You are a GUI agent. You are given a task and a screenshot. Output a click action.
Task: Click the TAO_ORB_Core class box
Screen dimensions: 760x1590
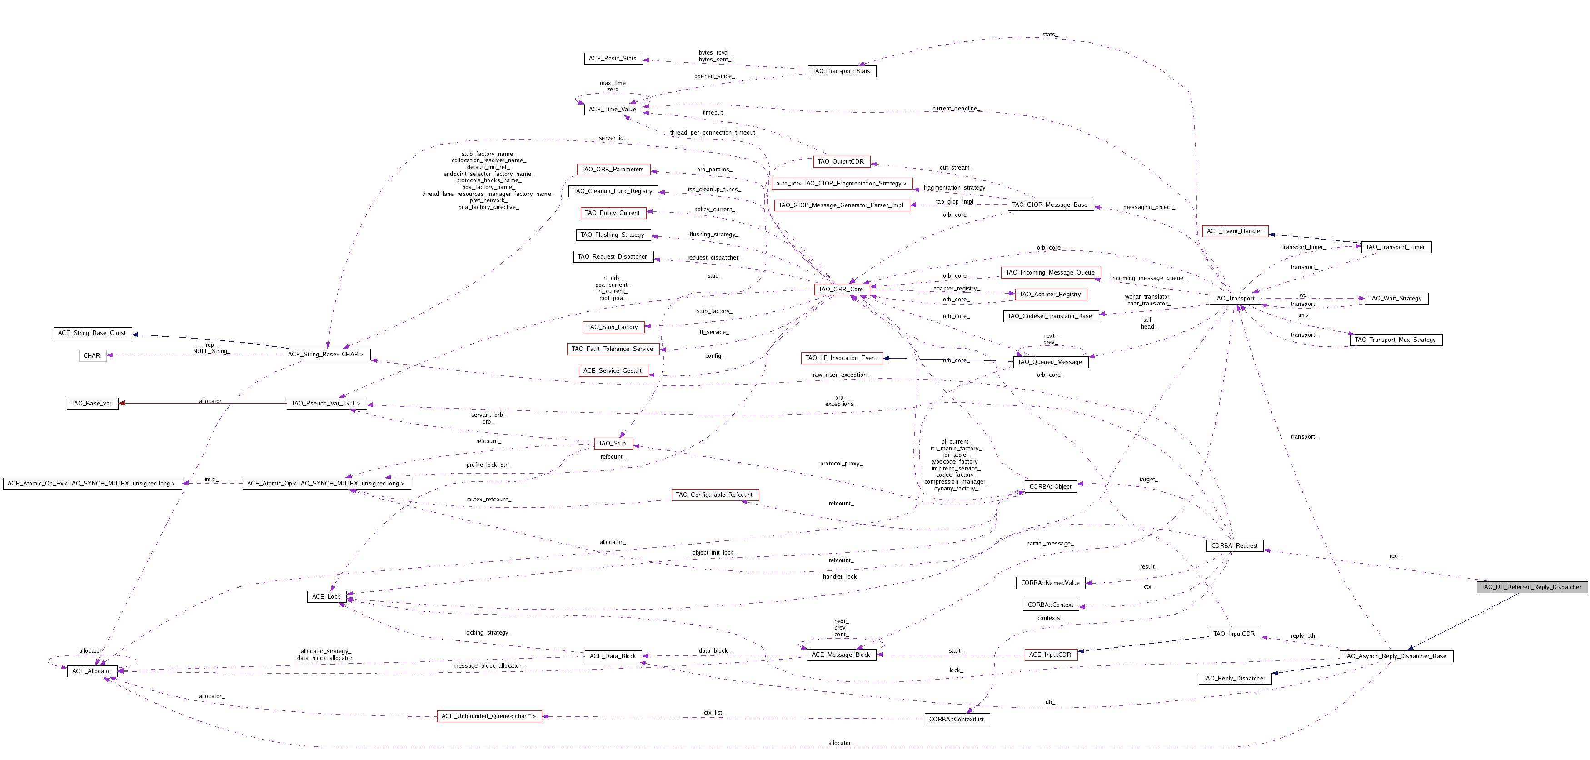[840, 289]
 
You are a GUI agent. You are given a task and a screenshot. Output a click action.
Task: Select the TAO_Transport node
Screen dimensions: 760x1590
[1233, 298]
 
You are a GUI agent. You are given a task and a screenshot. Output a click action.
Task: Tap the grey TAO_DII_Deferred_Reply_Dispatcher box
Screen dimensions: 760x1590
[1531, 586]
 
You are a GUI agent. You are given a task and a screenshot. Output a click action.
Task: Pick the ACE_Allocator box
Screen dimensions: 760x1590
[91, 671]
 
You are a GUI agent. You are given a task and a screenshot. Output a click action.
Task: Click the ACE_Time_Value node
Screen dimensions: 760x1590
[612, 109]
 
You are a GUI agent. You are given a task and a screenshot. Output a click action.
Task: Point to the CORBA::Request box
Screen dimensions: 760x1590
[1234, 546]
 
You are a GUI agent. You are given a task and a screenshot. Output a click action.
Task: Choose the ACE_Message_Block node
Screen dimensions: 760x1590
[841, 655]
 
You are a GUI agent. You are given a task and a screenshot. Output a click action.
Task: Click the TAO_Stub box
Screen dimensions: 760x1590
[612, 443]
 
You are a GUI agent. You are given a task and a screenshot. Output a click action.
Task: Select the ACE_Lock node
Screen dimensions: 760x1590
[326, 596]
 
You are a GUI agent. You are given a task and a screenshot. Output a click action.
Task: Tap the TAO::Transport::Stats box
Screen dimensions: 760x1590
[841, 71]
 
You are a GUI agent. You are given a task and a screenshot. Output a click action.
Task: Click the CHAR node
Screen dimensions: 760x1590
[92, 355]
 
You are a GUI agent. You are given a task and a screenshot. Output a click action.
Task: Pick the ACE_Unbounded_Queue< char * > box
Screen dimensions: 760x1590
[488, 716]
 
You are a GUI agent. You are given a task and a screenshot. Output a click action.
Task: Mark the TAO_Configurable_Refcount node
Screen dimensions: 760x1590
[714, 495]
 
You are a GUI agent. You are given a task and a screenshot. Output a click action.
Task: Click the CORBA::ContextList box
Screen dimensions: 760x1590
[956, 719]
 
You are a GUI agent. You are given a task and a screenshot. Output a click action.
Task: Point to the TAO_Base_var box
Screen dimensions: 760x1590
[91, 403]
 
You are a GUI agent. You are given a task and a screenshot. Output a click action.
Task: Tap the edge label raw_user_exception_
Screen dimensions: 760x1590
[841, 375]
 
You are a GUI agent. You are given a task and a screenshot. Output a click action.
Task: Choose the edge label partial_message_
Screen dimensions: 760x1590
[1049, 543]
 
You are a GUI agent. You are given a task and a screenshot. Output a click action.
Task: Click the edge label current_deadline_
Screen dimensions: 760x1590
[955, 109]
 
